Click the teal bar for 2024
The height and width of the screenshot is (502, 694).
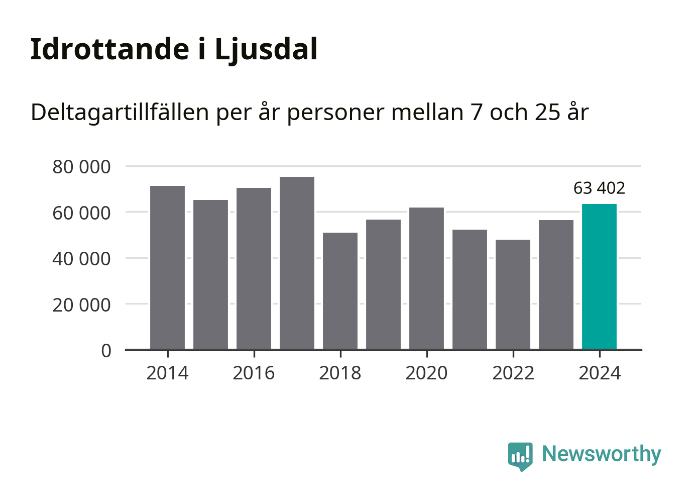[x=599, y=276]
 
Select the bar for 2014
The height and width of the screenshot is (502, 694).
[x=167, y=267]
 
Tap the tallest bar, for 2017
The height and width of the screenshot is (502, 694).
[x=297, y=263]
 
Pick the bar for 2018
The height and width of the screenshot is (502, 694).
[x=340, y=290]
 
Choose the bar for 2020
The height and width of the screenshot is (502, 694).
[x=426, y=278]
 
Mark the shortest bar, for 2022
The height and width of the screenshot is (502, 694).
[x=513, y=294]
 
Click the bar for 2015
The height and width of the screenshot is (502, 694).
[x=210, y=274]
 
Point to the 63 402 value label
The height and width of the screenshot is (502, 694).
[x=599, y=188]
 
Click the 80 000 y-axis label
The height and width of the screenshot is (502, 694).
[x=81, y=167]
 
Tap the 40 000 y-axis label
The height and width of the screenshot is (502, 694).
[x=81, y=259]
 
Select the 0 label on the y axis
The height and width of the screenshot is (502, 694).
[x=106, y=351]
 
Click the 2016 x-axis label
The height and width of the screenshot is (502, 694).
[x=254, y=373]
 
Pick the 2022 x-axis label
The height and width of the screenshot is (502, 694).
[x=513, y=373]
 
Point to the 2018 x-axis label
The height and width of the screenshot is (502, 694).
[x=340, y=373]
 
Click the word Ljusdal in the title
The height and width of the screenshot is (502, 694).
[x=266, y=50]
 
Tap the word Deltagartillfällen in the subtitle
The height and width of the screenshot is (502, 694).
[x=120, y=112]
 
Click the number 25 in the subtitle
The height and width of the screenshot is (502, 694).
[x=547, y=112]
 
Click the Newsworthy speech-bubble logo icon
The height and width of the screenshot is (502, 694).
[x=520, y=456]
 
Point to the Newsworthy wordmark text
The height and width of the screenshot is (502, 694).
[x=601, y=454]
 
